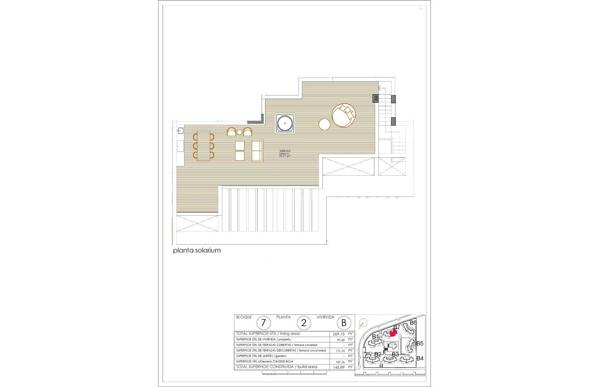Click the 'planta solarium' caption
(x=197, y=251)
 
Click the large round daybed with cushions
(x=344, y=116)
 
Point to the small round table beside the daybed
(x=325, y=124)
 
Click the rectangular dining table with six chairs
(x=204, y=146)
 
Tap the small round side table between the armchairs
(x=240, y=132)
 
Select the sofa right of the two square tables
(x=257, y=151)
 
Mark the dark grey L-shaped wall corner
(x=256, y=120)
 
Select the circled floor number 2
(x=304, y=323)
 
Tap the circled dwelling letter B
(x=344, y=323)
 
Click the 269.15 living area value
(x=338, y=334)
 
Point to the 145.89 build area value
(x=337, y=367)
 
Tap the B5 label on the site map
(x=420, y=344)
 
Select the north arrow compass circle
(x=363, y=322)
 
